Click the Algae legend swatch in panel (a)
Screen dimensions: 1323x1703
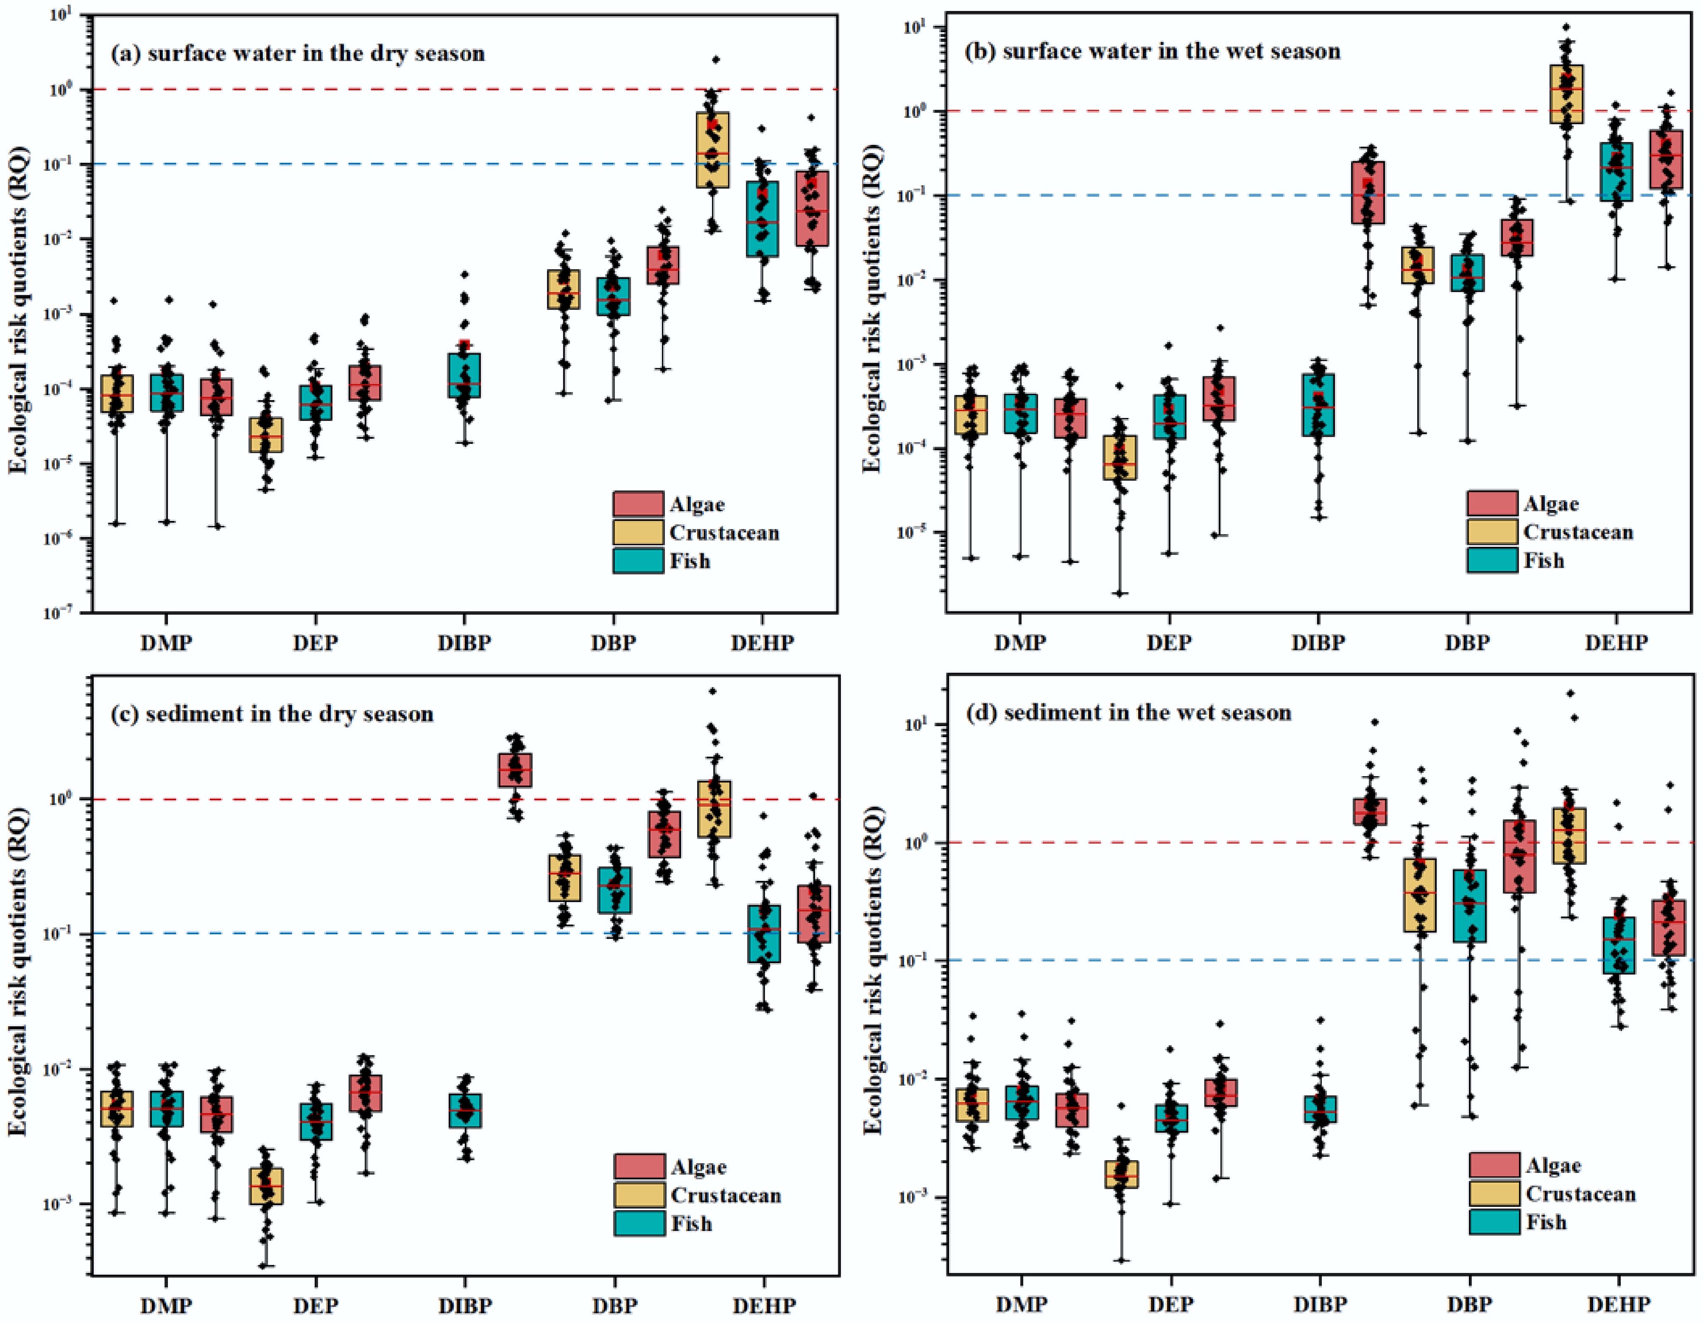(x=638, y=504)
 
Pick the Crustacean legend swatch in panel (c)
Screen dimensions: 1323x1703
(x=639, y=1195)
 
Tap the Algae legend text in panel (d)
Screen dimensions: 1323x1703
(x=1553, y=1165)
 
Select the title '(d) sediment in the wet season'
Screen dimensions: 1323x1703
(x=1128, y=713)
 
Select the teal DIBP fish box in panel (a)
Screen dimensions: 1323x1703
(x=464, y=375)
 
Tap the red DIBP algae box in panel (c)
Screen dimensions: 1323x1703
(x=515, y=770)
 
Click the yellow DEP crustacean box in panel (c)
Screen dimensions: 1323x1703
(x=266, y=1186)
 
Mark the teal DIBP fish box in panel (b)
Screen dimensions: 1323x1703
(x=1318, y=405)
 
